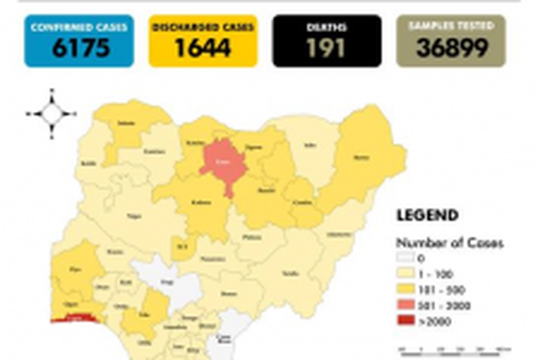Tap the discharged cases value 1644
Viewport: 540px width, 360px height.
click(x=202, y=48)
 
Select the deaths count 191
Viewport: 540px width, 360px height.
click(x=326, y=48)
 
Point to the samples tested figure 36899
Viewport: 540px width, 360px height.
click(x=451, y=48)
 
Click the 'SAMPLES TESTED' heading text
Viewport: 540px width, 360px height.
click(x=451, y=27)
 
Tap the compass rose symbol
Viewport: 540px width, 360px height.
click(x=52, y=114)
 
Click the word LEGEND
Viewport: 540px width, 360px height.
click(x=427, y=216)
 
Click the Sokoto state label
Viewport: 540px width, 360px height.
click(x=123, y=123)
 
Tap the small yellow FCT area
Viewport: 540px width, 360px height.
click(x=181, y=246)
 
